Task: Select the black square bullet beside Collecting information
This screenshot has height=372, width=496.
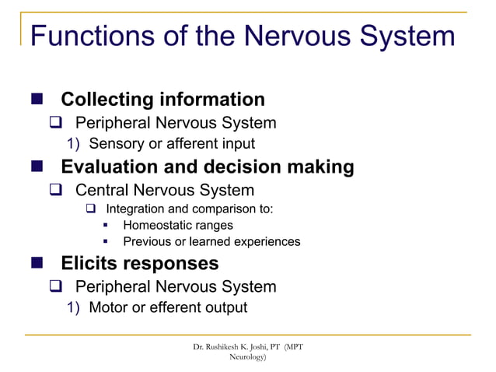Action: pos(37,100)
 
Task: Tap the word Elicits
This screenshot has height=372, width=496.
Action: pos(93,263)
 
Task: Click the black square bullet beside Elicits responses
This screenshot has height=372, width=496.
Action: pos(37,264)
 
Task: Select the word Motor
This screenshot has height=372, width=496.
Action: pos(109,307)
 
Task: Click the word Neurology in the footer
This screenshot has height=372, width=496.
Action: pos(247,356)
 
